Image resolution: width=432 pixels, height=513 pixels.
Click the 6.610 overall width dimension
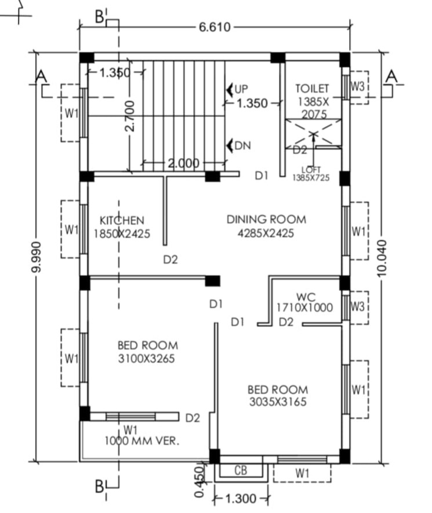click(215, 27)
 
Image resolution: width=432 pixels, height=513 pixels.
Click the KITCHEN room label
click(122, 221)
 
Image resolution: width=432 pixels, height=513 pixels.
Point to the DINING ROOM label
click(266, 220)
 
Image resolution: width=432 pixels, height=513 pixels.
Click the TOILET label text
click(312, 89)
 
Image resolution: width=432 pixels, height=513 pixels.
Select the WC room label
click(304, 297)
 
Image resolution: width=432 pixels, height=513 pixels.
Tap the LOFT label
click(311, 170)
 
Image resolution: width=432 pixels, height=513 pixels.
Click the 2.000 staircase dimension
click(183, 164)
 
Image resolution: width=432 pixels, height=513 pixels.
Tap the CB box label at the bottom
click(241, 471)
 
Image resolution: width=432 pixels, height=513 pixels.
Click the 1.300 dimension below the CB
click(241, 499)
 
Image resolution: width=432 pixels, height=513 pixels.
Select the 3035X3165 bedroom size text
click(277, 402)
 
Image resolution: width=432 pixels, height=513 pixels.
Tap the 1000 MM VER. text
click(142, 441)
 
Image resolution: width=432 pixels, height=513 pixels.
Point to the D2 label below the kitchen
click(170, 260)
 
